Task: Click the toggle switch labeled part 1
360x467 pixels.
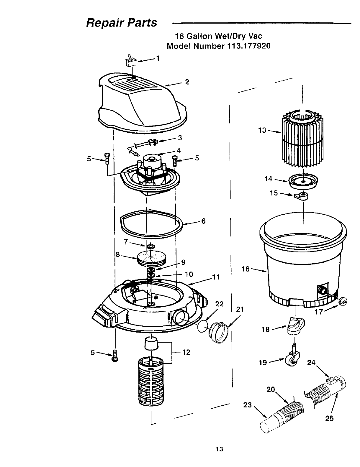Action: tap(130, 61)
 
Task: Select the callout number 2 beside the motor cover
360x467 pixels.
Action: tap(187, 82)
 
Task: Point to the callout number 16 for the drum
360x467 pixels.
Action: tap(245, 269)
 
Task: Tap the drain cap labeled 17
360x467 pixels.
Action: tap(343, 301)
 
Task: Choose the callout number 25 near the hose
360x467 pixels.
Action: tap(329, 418)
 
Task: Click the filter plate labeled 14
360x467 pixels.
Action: tap(303, 181)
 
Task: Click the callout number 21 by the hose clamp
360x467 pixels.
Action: tap(240, 309)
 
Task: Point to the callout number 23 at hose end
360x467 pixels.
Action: tap(247, 405)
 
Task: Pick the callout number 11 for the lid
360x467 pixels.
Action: tap(216, 277)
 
